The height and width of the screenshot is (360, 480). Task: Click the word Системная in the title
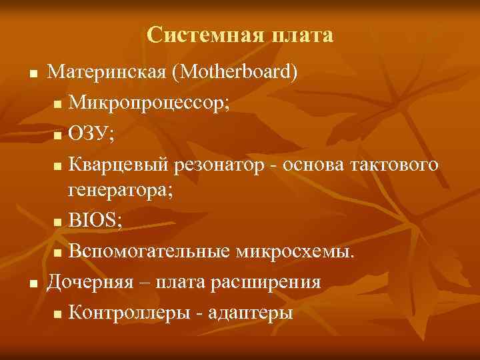pyautogui.click(x=196, y=35)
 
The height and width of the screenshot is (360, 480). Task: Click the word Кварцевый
pyautogui.click(x=117, y=164)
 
